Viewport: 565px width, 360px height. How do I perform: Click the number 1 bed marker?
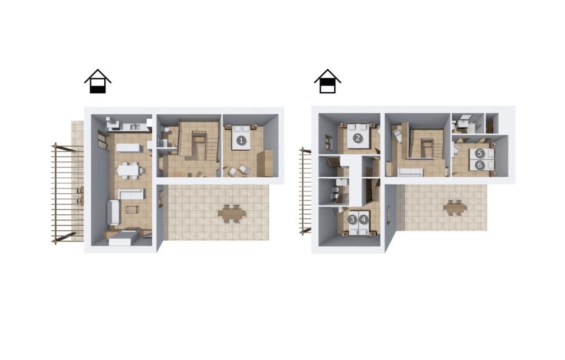[242, 141]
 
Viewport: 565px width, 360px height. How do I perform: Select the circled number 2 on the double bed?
[358, 138]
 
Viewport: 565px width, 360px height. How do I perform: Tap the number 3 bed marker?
[353, 219]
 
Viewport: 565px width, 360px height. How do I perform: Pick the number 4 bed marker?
[364, 219]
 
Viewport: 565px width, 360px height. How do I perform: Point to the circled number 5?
[479, 153]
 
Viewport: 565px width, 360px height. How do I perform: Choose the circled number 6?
[479, 165]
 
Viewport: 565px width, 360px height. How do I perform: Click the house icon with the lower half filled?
[98, 81]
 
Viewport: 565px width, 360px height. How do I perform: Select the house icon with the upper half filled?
[328, 81]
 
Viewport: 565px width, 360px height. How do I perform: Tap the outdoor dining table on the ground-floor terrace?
[232, 214]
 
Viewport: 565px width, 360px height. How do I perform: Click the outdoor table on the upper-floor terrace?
[455, 208]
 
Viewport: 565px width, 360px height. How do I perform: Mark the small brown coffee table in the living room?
[131, 209]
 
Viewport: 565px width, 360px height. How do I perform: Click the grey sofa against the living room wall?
[113, 213]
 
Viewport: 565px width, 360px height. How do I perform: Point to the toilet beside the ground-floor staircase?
[166, 130]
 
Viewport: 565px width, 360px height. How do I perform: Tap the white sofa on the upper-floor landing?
[411, 172]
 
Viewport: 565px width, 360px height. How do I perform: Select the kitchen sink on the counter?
[135, 126]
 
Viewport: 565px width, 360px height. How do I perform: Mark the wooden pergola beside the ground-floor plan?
[68, 193]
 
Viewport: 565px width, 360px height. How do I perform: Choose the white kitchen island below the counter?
[127, 148]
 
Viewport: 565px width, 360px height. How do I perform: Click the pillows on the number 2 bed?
[358, 127]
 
